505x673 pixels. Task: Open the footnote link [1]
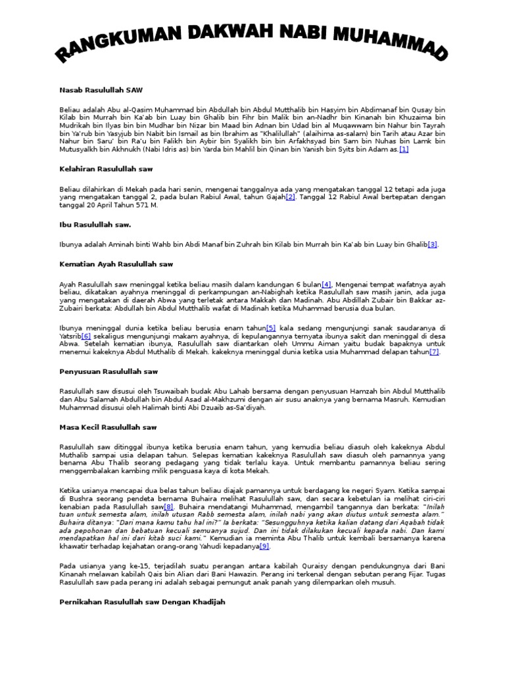(x=403, y=150)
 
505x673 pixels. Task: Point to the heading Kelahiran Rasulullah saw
(x=106, y=169)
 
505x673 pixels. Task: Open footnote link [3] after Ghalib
(x=433, y=244)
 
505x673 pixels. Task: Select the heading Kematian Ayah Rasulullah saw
(x=116, y=264)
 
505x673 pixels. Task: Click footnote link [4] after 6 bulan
(x=326, y=284)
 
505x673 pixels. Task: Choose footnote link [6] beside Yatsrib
(x=85, y=336)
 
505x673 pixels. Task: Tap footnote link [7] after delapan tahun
(x=434, y=352)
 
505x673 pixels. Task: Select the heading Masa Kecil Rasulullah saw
(x=108, y=427)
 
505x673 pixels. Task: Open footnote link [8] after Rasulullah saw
(x=168, y=507)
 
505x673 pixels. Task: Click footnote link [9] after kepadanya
(x=264, y=546)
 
